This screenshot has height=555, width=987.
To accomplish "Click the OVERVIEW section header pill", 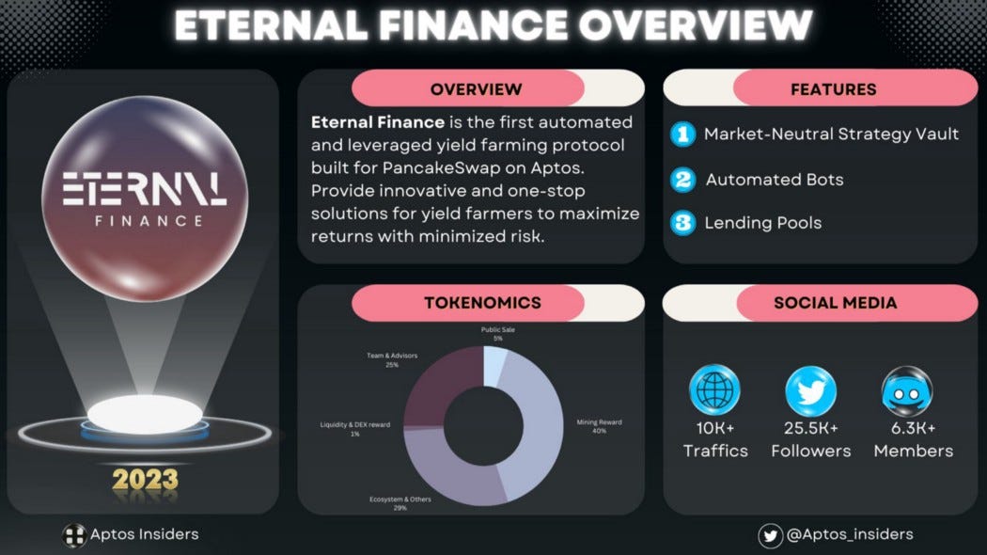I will coord(476,89).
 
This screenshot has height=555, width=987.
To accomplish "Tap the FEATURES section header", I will coord(833,89).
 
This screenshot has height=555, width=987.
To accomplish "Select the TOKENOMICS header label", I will coord(482,303).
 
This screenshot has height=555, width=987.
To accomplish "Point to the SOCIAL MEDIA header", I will coord(835,303).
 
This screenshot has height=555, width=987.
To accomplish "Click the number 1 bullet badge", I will coord(682,135).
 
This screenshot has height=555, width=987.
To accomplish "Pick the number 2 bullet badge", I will coord(682,179).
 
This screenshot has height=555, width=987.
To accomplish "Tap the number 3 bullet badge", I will coord(682,223).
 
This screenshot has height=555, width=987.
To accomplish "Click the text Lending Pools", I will coord(763,223).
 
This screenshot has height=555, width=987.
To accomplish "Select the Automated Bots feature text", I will coord(775,179).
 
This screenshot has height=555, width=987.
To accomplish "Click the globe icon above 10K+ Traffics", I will coord(714,389).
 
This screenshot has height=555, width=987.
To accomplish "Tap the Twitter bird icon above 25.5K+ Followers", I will coord(810,389).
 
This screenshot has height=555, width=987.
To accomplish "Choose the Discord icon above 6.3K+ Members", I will coord(906,389).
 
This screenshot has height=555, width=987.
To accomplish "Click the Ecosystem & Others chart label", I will coord(399,503).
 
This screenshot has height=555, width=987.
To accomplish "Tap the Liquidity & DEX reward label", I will coord(355,429).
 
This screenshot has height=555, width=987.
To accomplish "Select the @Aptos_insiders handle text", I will coord(850,534).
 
